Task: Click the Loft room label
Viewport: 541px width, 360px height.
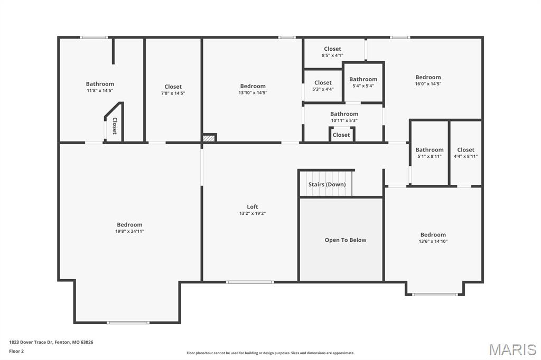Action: coord(252,207)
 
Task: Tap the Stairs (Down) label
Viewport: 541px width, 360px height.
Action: coord(327,184)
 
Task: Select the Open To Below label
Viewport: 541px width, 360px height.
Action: coord(346,240)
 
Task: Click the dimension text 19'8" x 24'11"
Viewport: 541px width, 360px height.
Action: coord(130,231)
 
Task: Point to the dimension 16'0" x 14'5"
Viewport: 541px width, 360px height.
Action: coord(428,84)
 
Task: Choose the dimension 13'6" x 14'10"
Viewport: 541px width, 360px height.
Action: coord(433,241)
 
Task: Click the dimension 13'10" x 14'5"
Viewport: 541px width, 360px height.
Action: coord(253,93)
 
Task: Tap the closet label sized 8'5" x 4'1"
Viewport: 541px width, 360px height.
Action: coord(333,49)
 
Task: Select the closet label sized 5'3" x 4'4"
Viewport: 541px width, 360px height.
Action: coord(323,83)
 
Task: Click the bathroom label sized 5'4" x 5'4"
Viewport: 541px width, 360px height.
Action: coord(363,79)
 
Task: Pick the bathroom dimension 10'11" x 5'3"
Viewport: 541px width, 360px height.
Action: coord(344,121)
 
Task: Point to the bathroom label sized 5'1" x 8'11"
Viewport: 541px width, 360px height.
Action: coord(430,150)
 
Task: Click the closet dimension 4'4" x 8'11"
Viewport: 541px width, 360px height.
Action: coord(466,157)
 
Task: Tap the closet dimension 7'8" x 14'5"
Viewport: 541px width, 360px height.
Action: coord(173,93)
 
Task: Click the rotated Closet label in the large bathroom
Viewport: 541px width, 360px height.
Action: coord(115,126)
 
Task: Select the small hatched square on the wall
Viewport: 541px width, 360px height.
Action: coord(209,138)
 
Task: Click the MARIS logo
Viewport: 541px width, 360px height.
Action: coord(512,349)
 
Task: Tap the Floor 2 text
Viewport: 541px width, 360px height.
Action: coord(16,352)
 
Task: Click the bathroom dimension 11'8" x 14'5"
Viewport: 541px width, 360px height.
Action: coord(100,91)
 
